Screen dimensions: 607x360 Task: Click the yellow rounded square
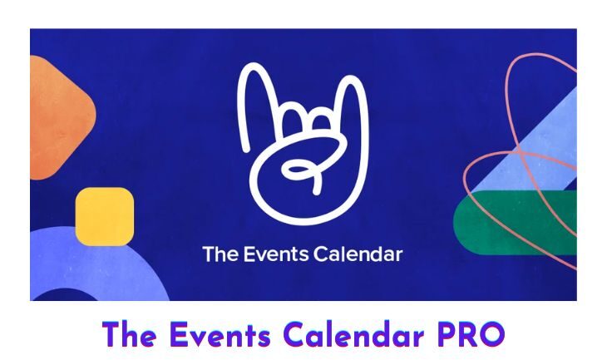pyautogui.click(x=105, y=216)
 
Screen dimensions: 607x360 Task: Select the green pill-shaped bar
pyautogui.click(x=515, y=223)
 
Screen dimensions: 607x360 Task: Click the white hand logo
pyautogui.click(x=303, y=143)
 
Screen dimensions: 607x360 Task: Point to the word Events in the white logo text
pyautogui.click(x=276, y=254)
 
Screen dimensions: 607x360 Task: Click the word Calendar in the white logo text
pyautogui.click(x=358, y=254)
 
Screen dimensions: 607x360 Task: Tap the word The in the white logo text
pyautogui.click(x=220, y=254)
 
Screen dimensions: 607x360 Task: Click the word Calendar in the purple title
pyautogui.click(x=353, y=334)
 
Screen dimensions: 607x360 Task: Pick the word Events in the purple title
pyautogui.click(x=220, y=334)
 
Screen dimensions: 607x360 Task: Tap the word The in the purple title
pyautogui.click(x=129, y=334)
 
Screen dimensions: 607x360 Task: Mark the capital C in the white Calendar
pyautogui.click(x=320, y=254)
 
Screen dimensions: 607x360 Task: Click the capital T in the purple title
pyautogui.click(x=111, y=334)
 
